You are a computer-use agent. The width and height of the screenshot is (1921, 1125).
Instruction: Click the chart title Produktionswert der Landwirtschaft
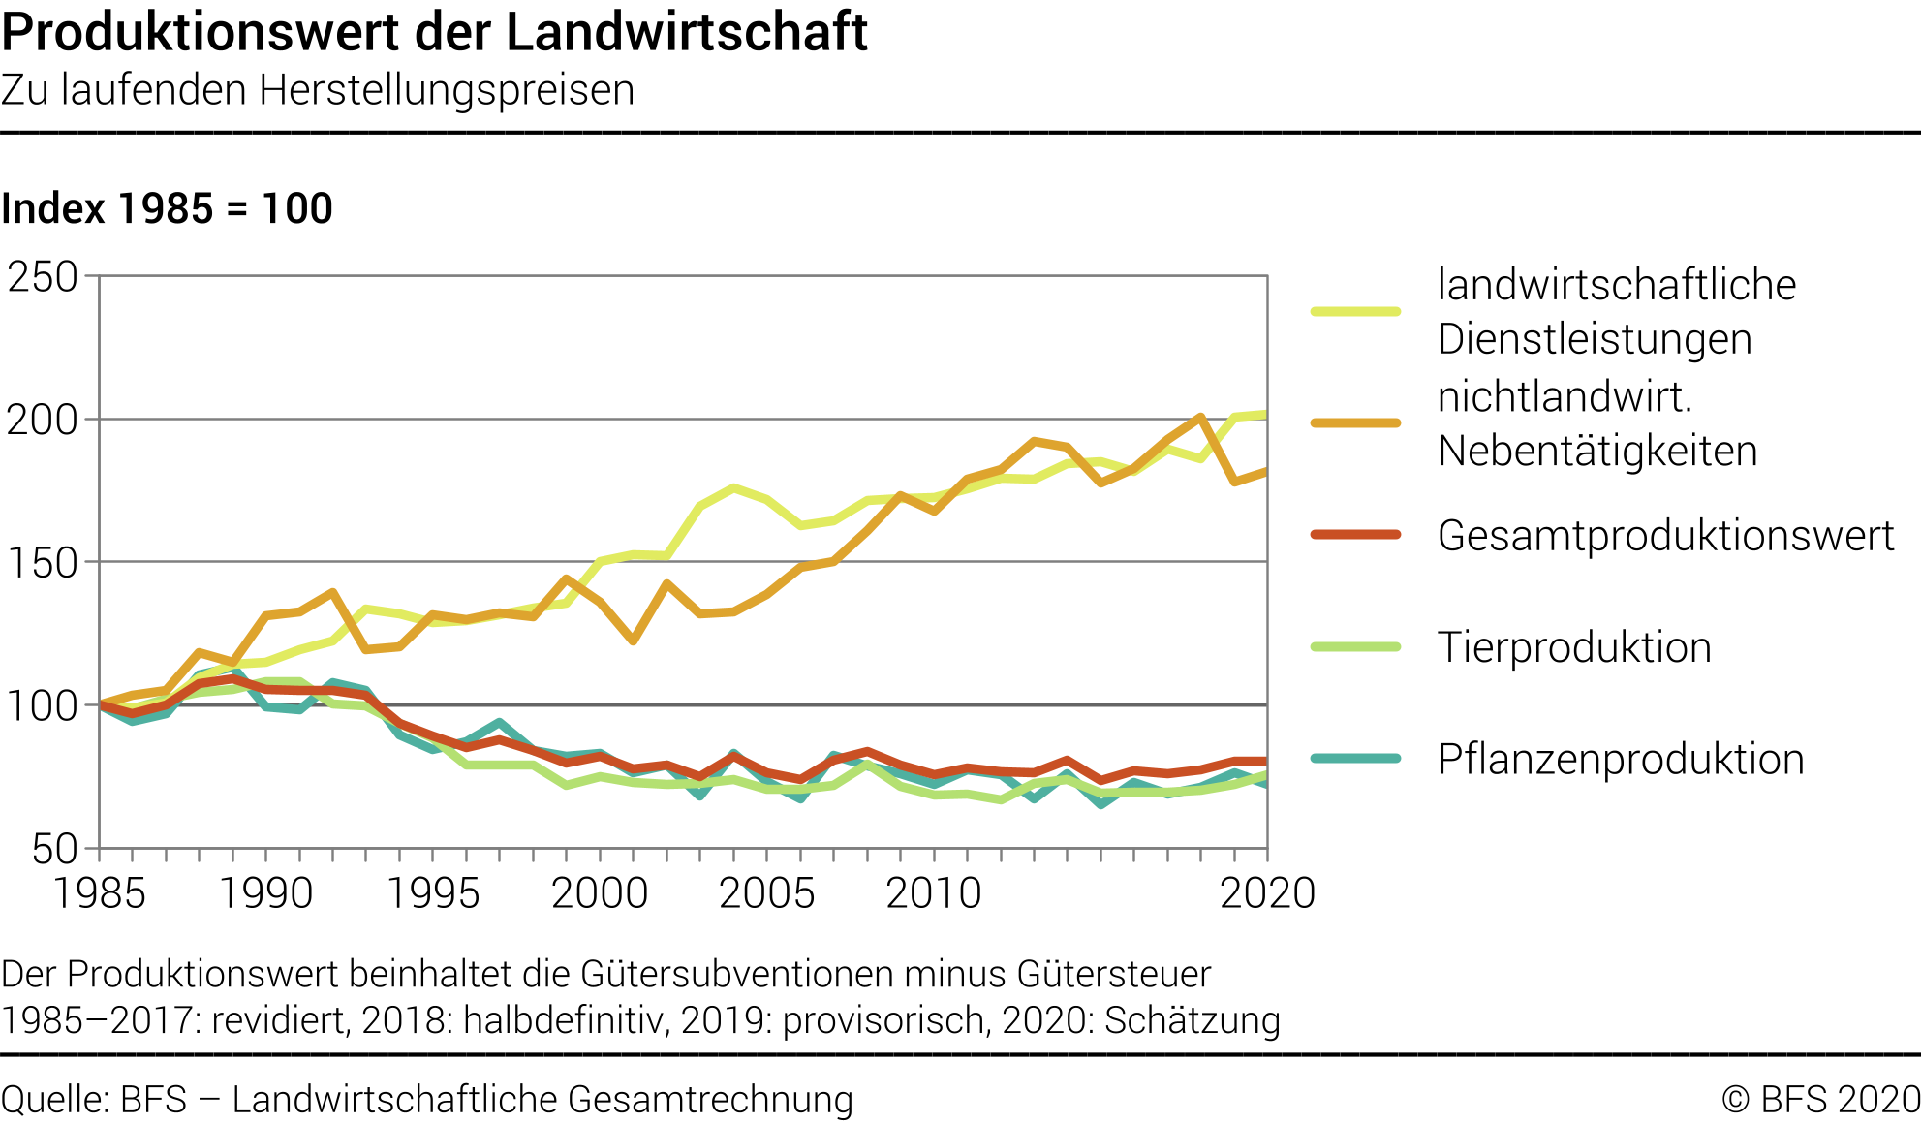(x=434, y=32)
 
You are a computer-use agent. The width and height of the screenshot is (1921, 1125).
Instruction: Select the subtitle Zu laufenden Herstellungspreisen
(x=318, y=90)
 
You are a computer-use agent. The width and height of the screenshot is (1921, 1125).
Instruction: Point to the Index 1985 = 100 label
(x=167, y=208)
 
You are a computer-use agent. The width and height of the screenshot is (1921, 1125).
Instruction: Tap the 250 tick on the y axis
(x=43, y=277)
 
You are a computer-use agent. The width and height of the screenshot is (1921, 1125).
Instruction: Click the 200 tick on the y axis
(x=43, y=420)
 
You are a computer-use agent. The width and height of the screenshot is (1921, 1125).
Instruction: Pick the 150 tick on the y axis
(x=43, y=563)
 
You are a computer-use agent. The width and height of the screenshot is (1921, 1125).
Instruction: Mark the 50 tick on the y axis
(x=54, y=849)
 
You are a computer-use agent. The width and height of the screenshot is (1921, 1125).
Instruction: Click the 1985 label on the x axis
(x=99, y=892)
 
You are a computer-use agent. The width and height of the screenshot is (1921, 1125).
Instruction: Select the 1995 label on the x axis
(x=433, y=892)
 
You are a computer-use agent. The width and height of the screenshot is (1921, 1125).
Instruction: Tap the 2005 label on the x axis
(x=766, y=892)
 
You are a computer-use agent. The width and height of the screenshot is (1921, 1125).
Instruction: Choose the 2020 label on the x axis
(x=1267, y=892)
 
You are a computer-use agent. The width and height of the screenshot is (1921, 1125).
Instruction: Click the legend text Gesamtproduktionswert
(x=1665, y=535)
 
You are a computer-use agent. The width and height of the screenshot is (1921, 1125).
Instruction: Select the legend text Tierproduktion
(x=1574, y=647)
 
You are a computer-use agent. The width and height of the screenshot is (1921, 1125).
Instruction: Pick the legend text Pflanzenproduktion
(x=1621, y=759)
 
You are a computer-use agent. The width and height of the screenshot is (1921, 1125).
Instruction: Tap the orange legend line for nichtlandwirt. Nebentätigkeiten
(x=1355, y=423)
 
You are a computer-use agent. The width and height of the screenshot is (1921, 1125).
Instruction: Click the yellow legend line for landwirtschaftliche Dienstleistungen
(x=1355, y=311)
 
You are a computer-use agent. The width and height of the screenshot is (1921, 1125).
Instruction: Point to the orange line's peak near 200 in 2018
(x=1201, y=417)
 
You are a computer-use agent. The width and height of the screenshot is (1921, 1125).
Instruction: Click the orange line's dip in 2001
(x=634, y=641)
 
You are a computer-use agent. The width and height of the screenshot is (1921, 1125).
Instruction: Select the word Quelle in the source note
(x=54, y=1100)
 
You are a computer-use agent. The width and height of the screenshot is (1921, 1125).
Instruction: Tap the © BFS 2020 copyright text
(x=1820, y=1100)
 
